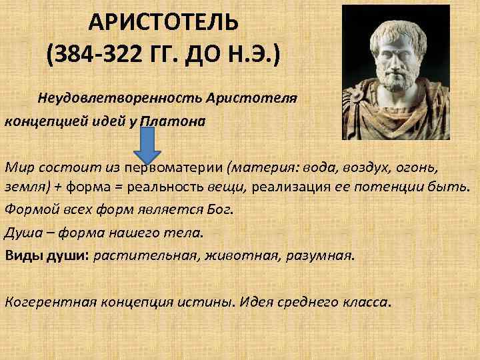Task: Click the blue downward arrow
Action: [x=148, y=143]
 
